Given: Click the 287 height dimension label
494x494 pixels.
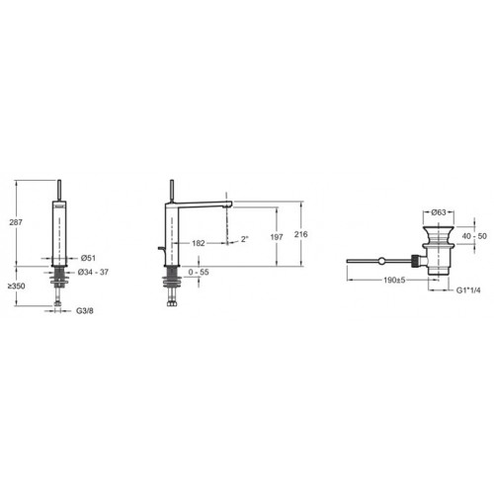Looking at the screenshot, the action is (x=16, y=222).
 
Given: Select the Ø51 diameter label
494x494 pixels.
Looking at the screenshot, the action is (x=88, y=258).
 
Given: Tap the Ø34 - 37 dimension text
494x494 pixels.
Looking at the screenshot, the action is (x=93, y=272).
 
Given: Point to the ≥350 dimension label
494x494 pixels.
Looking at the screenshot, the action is (x=17, y=286).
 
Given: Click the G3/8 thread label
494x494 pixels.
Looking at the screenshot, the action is (x=85, y=310).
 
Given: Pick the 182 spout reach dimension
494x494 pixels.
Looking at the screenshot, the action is (x=199, y=243).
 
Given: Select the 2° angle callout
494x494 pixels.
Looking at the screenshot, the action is (x=244, y=239).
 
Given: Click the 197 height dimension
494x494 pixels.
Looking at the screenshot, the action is (x=277, y=237).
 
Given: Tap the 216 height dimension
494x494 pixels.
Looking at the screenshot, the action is (x=301, y=234).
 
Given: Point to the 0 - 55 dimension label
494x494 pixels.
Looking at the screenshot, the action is (x=199, y=272).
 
